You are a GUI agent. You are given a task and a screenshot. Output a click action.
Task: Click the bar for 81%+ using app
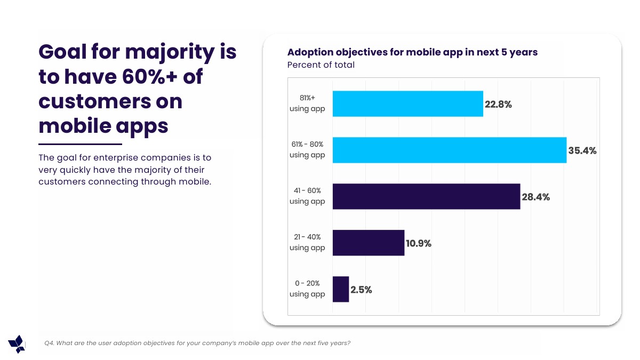[x=407, y=103]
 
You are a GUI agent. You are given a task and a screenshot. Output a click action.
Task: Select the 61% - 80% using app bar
[x=449, y=150]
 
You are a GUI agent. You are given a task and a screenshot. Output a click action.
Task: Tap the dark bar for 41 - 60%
[x=426, y=196]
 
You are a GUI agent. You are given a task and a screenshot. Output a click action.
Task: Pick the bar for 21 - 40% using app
[x=368, y=243]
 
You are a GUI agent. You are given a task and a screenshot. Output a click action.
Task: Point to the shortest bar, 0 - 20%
[x=340, y=289]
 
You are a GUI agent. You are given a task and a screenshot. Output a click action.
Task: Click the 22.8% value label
[x=498, y=105]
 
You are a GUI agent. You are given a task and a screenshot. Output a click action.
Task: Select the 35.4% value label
[x=582, y=151]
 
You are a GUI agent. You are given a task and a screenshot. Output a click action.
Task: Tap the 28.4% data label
[x=535, y=197]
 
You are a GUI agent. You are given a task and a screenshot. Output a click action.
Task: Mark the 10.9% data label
[x=419, y=244]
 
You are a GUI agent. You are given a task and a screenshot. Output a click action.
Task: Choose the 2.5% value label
[x=361, y=290]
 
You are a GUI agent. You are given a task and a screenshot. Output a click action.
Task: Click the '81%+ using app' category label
[x=307, y=103]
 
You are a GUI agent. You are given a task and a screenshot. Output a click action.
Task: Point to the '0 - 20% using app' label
[x=307, y=289]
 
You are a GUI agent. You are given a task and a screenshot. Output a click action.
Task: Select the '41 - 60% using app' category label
[x=307, y=196]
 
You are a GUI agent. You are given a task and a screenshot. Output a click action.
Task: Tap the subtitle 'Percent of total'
[x=321, y=65]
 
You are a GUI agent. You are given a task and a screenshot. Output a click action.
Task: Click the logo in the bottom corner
[x=17, y=344]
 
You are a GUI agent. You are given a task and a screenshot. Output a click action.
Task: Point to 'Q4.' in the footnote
[x=49, y=343]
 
